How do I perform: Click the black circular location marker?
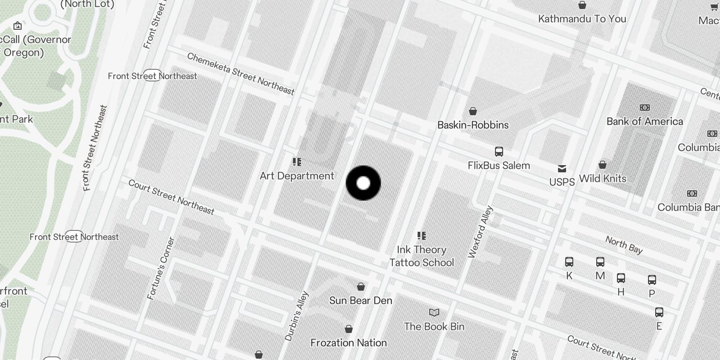point(363,183)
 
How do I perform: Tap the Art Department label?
point(297,176)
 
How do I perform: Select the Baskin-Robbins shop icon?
point(473,111)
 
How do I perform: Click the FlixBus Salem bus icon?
point(499,152)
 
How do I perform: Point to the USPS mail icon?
point(562,169)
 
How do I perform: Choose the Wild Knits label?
point(603,179)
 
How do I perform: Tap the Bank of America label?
point(644,121)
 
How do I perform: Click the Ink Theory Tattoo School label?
point(422,256)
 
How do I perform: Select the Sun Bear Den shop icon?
point(360,287)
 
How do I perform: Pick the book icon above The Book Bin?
point(434,312)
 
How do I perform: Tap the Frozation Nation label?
point(349,343)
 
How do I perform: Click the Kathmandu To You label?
point(582,19)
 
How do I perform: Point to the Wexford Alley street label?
point(481,232)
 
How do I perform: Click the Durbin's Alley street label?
point(297,316)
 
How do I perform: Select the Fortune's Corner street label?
point(161,269)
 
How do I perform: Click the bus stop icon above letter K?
point(569,262)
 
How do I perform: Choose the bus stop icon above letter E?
point(659,312)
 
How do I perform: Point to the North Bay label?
point(624,245)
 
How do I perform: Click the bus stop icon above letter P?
point(652,280)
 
